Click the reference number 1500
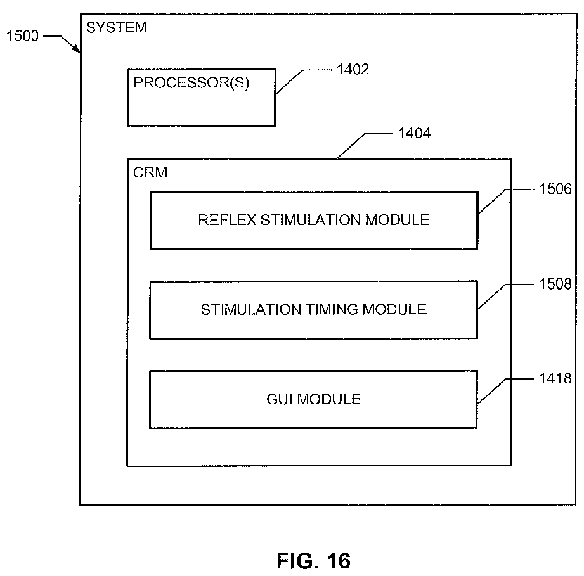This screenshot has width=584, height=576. pos(22,36)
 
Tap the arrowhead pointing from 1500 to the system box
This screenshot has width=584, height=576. pos(76,49)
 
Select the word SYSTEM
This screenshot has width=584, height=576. pos(116,27)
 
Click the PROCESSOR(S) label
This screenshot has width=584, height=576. pos(191,82)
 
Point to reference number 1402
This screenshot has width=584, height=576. pos(353,69)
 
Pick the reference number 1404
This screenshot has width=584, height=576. pos(415,133)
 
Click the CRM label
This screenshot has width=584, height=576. pos(150,172)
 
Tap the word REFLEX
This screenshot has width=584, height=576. pos(227,220)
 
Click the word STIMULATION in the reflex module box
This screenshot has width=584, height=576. pos(310,220)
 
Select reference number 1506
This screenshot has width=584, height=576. pos(555,189)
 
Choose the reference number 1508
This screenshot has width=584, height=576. pos(555,285)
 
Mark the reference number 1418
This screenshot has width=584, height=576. pos(555,378)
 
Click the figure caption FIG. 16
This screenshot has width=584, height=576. pos(314,561)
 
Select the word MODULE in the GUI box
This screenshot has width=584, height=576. pos(329,399)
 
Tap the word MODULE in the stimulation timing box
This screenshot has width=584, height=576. pos(394,310)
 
